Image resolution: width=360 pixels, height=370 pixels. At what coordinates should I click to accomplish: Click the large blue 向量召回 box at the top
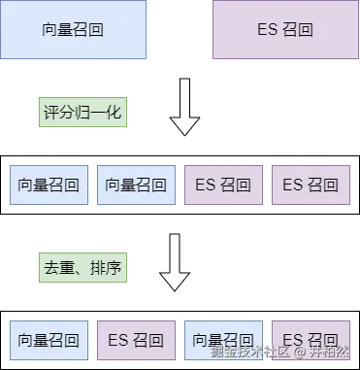[74, 30]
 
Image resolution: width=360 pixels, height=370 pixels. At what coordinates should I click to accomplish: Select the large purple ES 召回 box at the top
[285, 30]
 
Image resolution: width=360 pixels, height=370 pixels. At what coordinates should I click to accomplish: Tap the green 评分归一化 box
[82, 113]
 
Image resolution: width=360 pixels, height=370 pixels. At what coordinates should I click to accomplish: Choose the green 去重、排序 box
[82, 265]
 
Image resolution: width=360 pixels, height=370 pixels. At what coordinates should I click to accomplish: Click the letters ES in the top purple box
[268, 30]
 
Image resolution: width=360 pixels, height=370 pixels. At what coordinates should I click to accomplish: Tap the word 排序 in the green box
[105, 265]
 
